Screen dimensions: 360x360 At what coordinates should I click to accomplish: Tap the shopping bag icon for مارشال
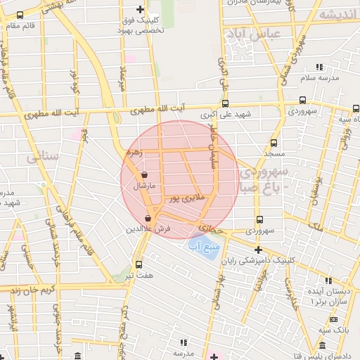pyautogui.click(x=144, y=175)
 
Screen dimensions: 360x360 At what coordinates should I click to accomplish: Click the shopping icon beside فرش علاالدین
pyautogui.click(x=147, y=219)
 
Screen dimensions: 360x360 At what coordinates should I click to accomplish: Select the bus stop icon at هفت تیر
pyautogui.click(x=138, y=265)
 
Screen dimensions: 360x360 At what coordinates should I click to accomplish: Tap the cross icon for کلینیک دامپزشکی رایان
pyautogui.click(x=258, y=250)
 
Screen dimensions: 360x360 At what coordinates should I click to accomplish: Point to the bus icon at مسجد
pyautogui.click(x=274, y=143)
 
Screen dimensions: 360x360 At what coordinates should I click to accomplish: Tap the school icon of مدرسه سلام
pyautogui.click(x=319, y=67)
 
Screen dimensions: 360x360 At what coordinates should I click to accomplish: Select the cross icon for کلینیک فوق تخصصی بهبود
pyautogui.click(x=140, y=10)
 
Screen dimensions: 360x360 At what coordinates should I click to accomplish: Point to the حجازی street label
pyautogui.click(x=210, y=229)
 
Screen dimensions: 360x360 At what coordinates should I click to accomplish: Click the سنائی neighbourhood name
pyautogui.click(x=42, y=158)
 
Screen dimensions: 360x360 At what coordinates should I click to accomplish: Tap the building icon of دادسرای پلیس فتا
pyautogui.click(x=322, y=346)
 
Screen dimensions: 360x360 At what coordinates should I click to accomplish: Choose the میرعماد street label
pyautogui.click(x=124, y=75)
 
